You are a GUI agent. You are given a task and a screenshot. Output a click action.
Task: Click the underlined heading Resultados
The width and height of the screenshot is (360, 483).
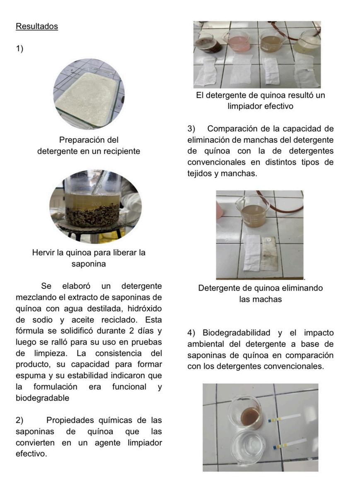37,26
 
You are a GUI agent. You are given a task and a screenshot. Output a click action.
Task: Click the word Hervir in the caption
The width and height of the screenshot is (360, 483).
43,252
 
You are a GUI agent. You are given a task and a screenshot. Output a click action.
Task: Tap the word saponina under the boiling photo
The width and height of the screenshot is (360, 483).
89,264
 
